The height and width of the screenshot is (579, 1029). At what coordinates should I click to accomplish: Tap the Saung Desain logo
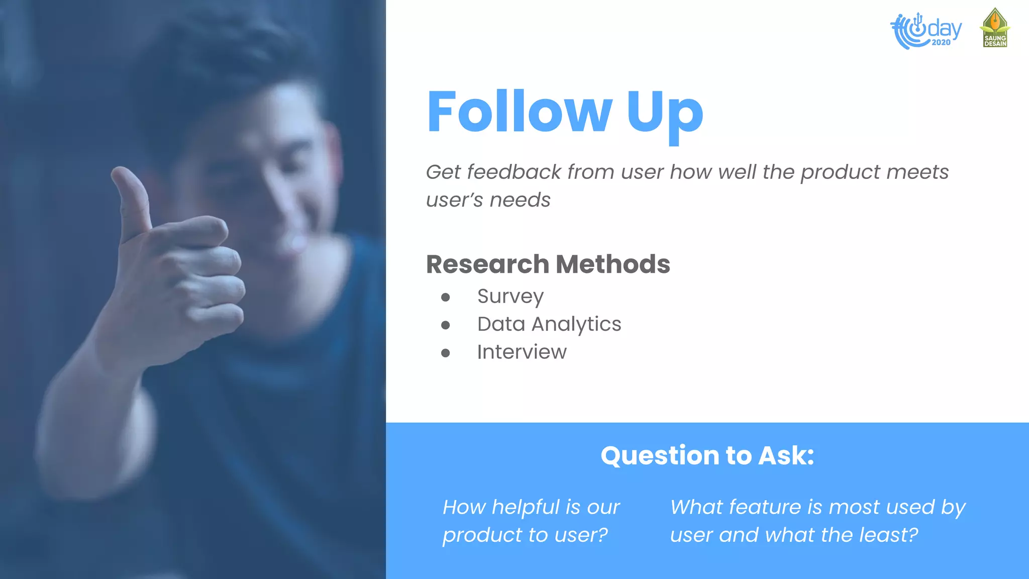(x=995, y=28)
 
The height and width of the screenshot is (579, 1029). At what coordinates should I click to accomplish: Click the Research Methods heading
(x=548, y=264)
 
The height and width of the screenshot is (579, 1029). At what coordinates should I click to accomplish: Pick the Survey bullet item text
(x=510, y=297)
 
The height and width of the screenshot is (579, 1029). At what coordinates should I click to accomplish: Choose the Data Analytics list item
(x=549, y=324)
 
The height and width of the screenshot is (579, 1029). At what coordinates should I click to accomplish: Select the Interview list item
(x=522, y=352)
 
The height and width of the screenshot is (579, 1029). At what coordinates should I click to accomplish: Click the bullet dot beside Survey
(x=445, y=298)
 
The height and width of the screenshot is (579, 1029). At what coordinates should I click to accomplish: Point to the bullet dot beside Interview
(x=445, y=353)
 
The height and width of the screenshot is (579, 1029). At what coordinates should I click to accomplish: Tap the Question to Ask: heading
(x=707, y=455)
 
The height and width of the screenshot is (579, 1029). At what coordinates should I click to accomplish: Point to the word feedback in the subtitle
(x=514, y=172)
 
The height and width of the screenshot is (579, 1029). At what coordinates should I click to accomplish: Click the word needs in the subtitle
(x=520, y=200)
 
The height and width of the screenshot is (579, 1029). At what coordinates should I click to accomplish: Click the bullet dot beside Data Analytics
(x=445, y=325)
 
